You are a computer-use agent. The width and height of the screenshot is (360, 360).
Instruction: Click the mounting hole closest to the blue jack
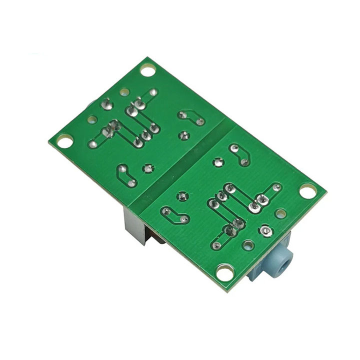[x=226, y=273]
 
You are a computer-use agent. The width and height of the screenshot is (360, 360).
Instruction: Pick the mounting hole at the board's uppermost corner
[x=147, y=69]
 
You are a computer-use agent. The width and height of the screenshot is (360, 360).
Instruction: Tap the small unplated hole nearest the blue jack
[x=247, y=245]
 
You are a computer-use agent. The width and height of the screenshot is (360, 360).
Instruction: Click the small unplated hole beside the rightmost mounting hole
[x=281, y=213]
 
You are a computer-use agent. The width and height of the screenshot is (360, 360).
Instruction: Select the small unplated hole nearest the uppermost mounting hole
[x=123, y=92]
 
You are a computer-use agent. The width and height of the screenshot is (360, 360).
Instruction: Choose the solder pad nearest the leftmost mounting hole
[x=92, y=144]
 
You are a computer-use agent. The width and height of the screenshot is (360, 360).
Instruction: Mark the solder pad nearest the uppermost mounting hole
[x=153, y=93]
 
